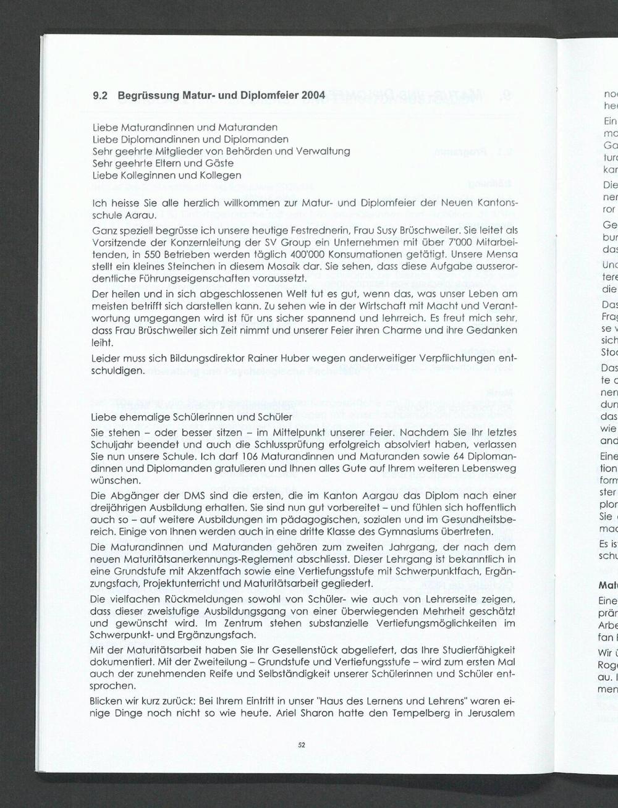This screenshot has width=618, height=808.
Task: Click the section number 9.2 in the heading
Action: [x=99, y=96]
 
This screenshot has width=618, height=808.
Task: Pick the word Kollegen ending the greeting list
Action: [x=221, y=175]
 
